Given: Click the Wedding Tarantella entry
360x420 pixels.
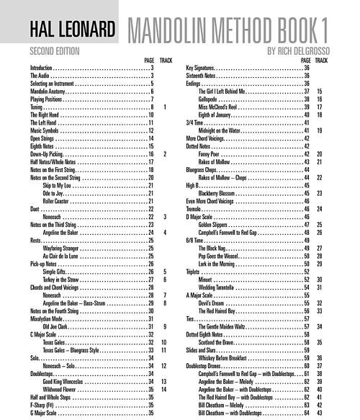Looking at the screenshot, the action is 219,287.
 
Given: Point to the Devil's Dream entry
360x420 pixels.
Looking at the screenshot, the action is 213,303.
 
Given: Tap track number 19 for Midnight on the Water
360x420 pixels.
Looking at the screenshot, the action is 319,130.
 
